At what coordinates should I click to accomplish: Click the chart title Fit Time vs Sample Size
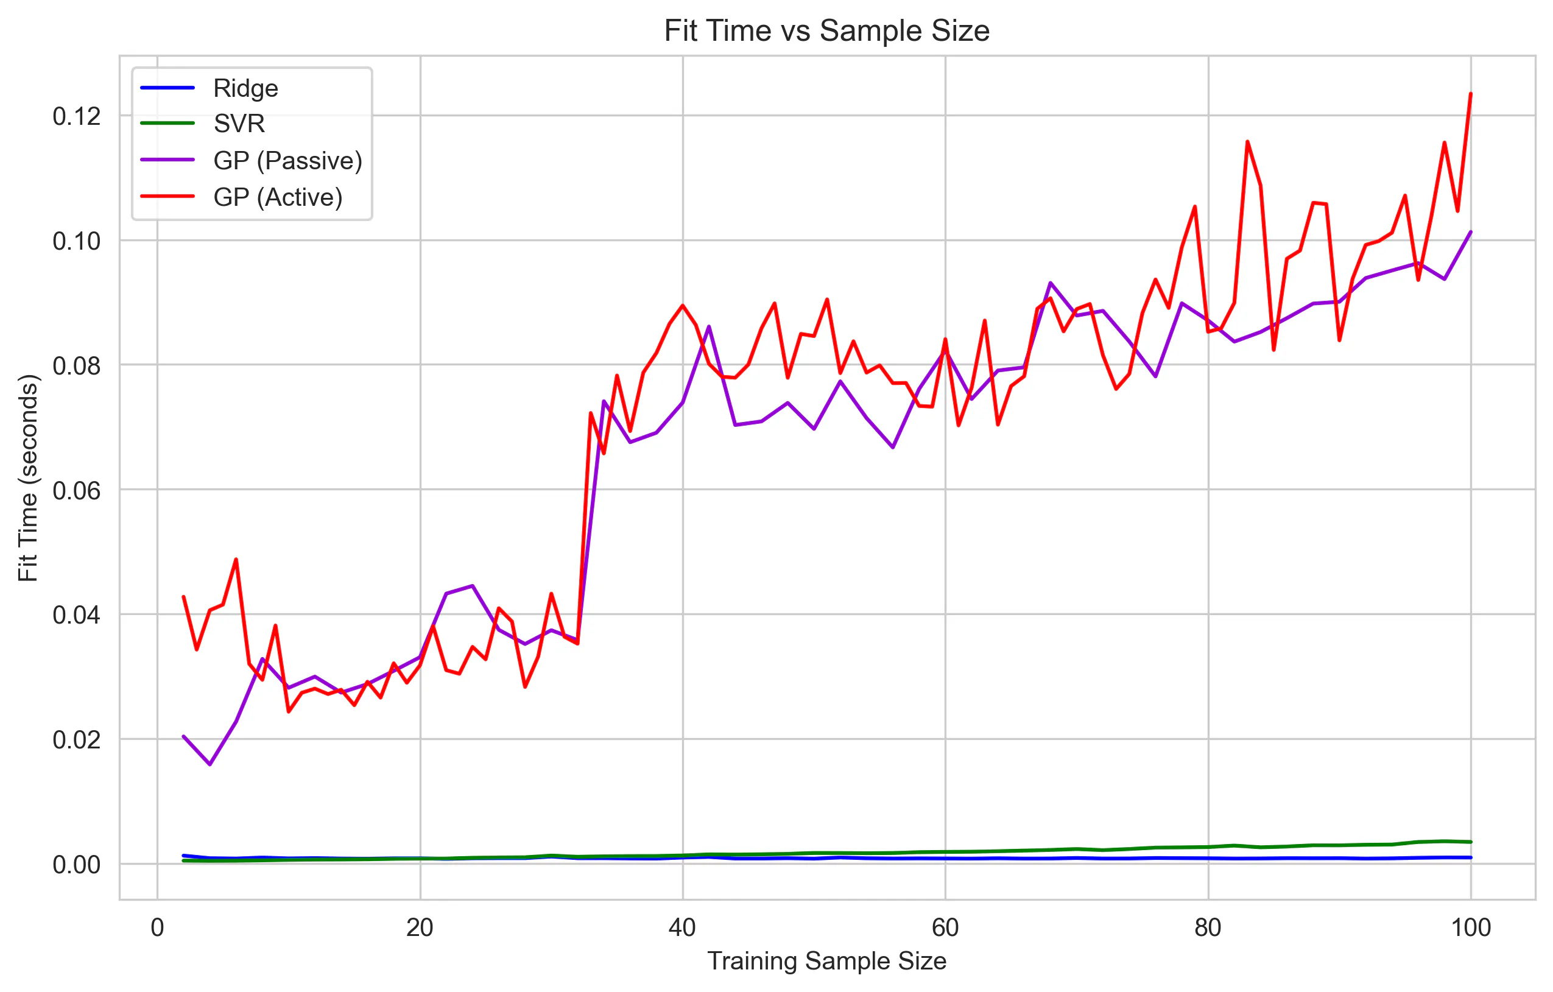tap(826, 31)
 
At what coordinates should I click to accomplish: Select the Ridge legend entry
tap(245, 88)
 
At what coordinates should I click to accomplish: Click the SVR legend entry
tap(239, 123)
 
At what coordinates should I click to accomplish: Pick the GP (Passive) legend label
tap(287, 161)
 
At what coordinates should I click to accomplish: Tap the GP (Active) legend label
tap(277, 197)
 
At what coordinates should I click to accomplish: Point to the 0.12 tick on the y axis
tap(77, 117)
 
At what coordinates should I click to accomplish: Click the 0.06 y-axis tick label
tap(77, 491)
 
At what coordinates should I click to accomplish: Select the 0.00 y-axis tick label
tap(77, 865)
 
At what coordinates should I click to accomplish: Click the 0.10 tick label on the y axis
tap(77, 241)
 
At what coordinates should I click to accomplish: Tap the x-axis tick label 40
tap(682, 928)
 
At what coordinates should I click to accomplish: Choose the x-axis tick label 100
tap(1470, 928)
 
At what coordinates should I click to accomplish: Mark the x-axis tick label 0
tap(157, 928)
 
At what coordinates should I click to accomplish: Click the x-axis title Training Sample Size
tap(826, 962)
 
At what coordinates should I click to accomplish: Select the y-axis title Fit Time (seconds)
tap(29, 477)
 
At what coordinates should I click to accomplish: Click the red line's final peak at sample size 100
tap(1470, 94)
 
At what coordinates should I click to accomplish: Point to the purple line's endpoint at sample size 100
tap(1470, 231)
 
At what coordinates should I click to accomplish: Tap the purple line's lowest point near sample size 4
tap(210, 764)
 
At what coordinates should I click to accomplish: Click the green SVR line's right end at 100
tap(1470, 842)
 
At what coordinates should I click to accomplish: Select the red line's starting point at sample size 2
tap(184, 597)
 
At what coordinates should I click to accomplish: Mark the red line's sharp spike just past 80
tap(1247, 141)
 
